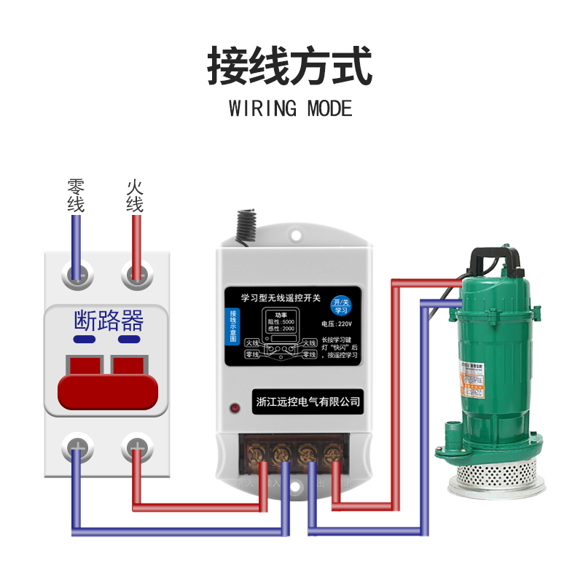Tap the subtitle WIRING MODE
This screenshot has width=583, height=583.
point(290,109)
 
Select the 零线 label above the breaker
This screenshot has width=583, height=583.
point(76,195)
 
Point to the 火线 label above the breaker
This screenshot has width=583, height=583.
point(135,195)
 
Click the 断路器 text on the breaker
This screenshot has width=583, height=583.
point(109,320)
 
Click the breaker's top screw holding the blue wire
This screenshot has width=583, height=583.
point(77,275)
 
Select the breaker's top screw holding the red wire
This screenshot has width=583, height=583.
point(135,275)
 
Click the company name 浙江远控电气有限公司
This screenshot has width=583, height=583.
point(309,401)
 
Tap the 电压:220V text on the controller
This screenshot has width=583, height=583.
point(336,324)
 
